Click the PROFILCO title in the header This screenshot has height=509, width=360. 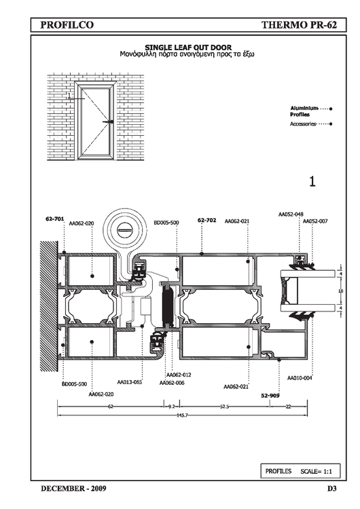[67, 25]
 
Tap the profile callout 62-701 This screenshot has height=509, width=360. [54, 219]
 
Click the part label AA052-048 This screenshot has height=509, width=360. [291, 214]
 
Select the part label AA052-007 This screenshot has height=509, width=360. [315, 221]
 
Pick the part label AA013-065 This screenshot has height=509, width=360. [129, 382]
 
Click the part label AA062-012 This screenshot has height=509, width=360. [179, 375]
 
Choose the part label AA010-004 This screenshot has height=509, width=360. [300, 378]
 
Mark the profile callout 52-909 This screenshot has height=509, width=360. [270, 394]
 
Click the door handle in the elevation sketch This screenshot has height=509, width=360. [107, 122]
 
